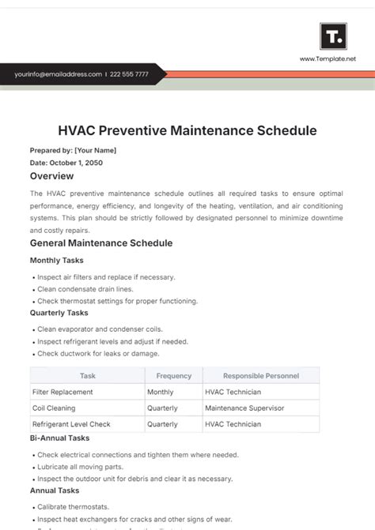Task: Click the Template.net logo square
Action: pos(333,36)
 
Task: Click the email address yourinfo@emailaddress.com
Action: pos(58,74)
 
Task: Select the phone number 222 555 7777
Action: pos(129,74)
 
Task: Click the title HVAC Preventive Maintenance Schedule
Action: pos(187,130)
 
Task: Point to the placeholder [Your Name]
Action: pos(95,150)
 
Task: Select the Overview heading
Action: pos(51,176)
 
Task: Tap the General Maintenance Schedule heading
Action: pos(100,243)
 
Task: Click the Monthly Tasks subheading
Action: pos(56,260)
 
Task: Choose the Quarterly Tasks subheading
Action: pos(59,312)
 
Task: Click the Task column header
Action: pos(87,376)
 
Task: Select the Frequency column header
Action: pos(173,376)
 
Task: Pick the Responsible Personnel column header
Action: pos(260,376)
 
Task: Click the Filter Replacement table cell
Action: pos(62,392)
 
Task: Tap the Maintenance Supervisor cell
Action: pos(244,408)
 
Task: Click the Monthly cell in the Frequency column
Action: pos(161,392)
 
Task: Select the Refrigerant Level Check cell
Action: pos(71,424)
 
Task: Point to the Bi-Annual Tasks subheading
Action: pos(59,438)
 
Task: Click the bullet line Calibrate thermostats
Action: pos(74,506)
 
